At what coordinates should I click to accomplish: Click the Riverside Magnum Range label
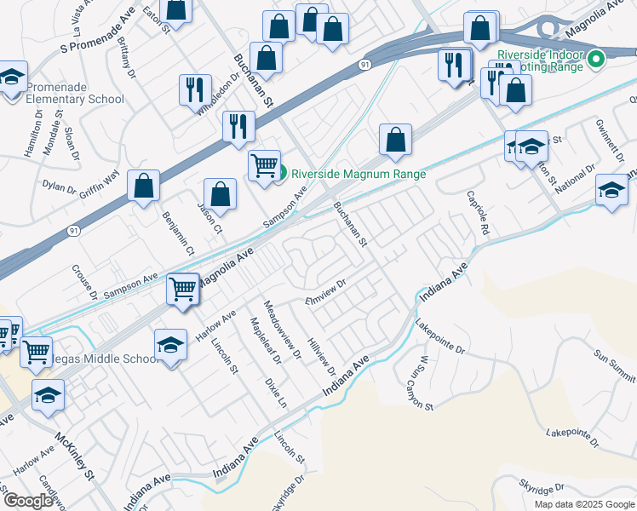tap(358, 173)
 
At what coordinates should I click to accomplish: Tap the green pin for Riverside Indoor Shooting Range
tap(596, 60)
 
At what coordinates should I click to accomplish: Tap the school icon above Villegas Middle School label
tap(170, 345)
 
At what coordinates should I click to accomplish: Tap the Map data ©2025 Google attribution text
tap(584, 503)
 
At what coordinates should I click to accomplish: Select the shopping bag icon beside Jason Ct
tap(221, 192)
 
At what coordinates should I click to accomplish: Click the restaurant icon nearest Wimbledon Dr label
tap(196, 89)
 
